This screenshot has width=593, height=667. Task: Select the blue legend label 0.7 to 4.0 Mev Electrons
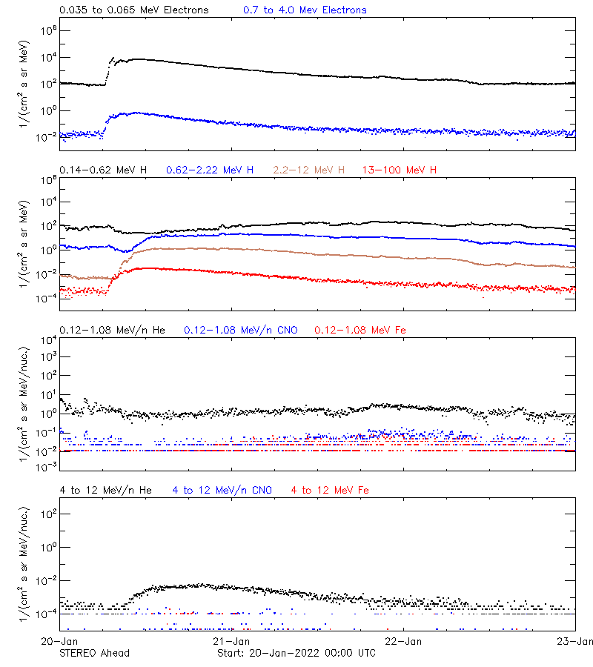(305, 10)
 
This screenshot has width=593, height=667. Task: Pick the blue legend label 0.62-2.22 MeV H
(210, 170)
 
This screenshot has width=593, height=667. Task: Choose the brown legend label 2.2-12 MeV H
(308, 170)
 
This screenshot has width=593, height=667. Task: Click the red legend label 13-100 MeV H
(400, 170)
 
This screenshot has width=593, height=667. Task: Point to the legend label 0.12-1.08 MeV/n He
(114, 330)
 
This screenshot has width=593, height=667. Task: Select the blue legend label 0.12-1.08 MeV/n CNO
(240, 330)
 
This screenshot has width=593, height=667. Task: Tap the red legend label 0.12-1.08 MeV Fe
(360, 330)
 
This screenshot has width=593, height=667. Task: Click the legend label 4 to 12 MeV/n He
(105, 491)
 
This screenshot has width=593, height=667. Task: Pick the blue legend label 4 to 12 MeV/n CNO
(222, 491)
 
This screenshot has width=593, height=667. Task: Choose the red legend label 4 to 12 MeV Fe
(330, 491)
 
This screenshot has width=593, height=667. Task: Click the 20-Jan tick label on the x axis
(60, 641)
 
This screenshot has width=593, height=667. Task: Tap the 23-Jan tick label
(572, 641)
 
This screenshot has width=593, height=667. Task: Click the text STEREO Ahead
(94, 653)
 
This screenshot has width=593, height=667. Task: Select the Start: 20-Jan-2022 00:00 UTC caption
(296, 653)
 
